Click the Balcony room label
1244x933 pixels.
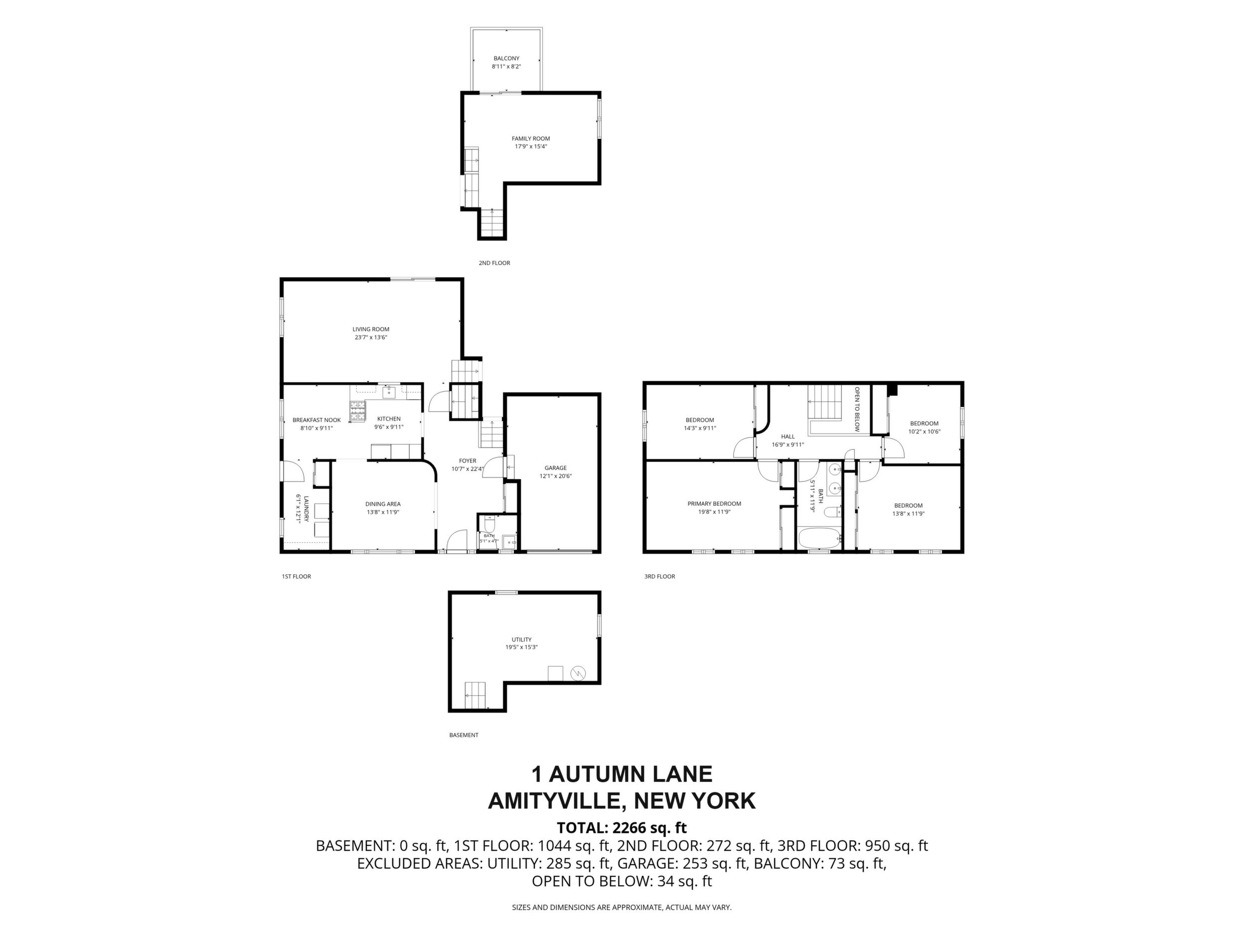[506, 58]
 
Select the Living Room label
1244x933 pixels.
[371, 329]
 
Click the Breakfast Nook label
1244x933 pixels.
[316, 420]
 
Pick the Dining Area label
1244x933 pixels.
[382, 504]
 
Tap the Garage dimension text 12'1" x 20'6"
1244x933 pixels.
[556, 476]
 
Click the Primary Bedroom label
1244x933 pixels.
[714, 504]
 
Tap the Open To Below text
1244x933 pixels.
[857, 409]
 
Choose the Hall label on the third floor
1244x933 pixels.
[788, 437]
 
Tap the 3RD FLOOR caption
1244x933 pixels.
[660, 577]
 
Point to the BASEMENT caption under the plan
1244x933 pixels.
[464, 735]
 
